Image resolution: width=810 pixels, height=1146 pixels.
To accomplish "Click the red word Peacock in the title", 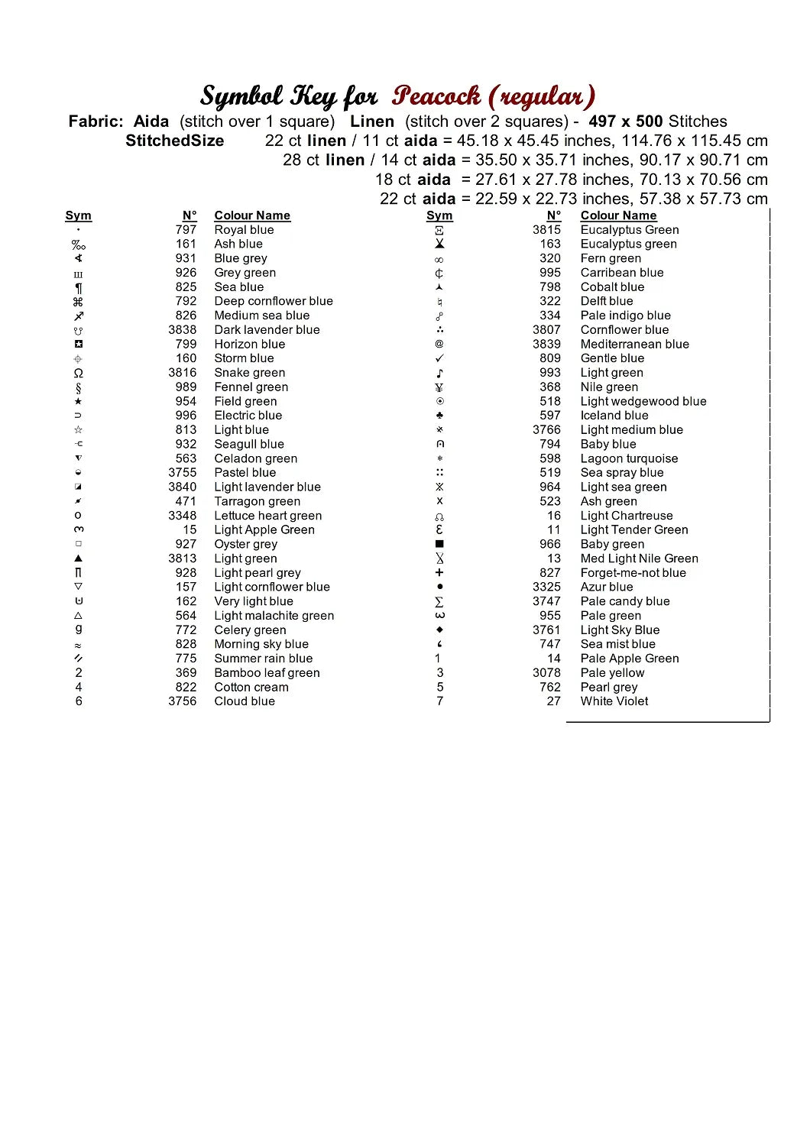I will pos(436,97).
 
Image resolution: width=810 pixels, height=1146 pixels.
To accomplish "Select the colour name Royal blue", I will pos(244,230).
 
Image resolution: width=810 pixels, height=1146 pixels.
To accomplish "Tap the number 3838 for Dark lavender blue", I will pos(182,330).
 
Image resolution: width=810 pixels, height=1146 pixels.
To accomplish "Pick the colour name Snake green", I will pos(249,373).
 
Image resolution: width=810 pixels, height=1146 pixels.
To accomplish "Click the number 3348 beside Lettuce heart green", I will pos(182,516).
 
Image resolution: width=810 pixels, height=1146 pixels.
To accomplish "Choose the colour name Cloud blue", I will pos(245,701).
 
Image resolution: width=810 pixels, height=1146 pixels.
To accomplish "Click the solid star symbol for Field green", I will pos(78,401).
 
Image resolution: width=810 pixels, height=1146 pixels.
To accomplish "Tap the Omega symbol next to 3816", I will pos(78,373).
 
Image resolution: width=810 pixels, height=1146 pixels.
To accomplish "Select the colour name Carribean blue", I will pos(621,273).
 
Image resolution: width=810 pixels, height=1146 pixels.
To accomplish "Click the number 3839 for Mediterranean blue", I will pos(546,345).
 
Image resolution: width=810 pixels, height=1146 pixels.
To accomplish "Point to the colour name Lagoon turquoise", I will pos(629,458).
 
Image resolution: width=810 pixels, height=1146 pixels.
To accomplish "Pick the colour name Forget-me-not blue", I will pos(633,573).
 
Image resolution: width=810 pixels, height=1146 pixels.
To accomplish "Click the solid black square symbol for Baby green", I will pos(439,544).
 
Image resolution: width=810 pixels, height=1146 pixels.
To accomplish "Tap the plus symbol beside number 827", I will pos(439,573).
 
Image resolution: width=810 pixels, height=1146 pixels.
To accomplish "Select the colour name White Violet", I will pos(614,701).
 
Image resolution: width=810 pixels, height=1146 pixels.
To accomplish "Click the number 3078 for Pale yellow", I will pos(546,673).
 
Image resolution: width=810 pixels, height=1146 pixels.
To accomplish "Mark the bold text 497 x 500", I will pos(625,121).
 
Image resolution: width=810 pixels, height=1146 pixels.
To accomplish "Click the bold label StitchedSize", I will pos(174,141).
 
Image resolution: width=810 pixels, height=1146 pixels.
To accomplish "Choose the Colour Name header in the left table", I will pos(252,215).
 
